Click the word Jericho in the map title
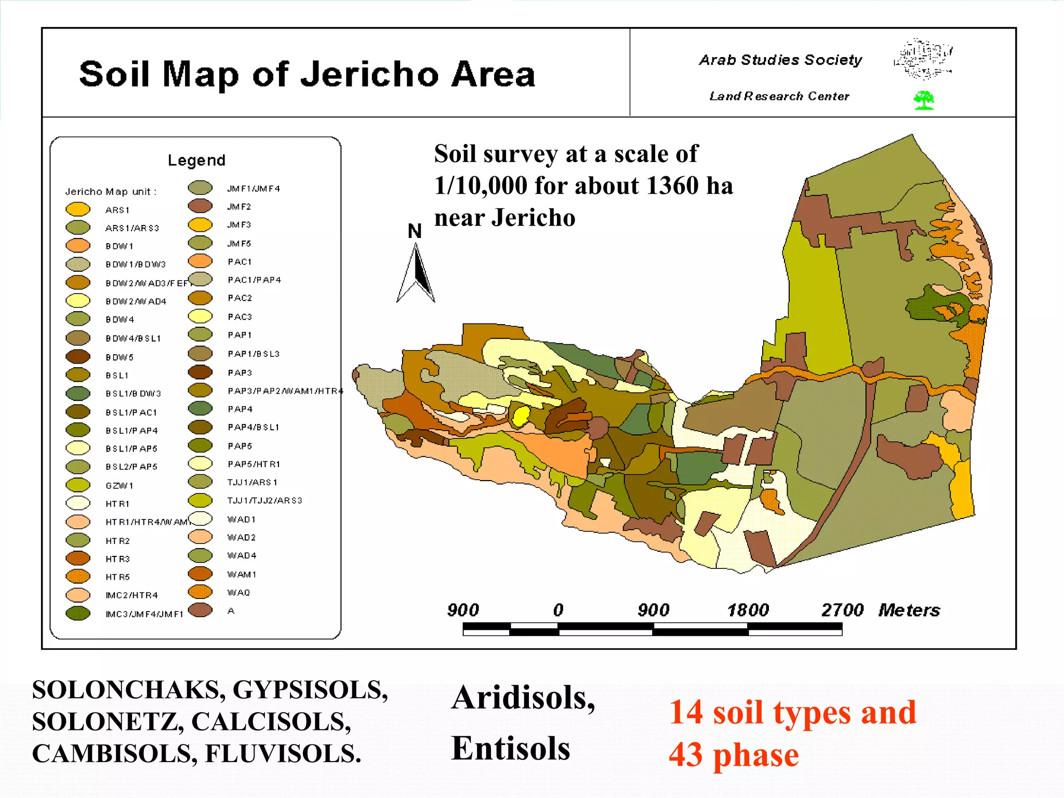pyautogui.click(x=370, y=74)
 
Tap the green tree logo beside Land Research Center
pyautogui.click(x=924, y=100)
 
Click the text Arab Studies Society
pyautogui.click(x=780, y=60)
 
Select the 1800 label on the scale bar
pyautogui.click(x=748, y=609)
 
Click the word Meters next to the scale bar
pyautogui.click(x=909, y=609)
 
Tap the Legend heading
pyautogui.click(x=196, y=160)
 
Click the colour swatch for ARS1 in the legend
pyautogui.click(x=78, y=209)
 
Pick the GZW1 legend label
pyautogui.click(x=119, y=485)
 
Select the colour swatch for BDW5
pyautogui.click(x=78, y=357)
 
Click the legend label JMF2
pyautogui.click(x=239, y=206)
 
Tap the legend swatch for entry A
pyautogui.click(x=200, y=610)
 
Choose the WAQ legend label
pyautogui.click(x=239, y=592)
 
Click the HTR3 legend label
pyautogui.click(x=118, y=559)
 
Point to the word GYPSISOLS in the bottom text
pyautogui.click(x=310, y=690)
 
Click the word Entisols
pyautogui.click(x=510, y=748)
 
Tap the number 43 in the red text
pyautogui.click(x=686, y=755)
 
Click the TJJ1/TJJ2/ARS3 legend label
pyautogui.click(x=264, y=500)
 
